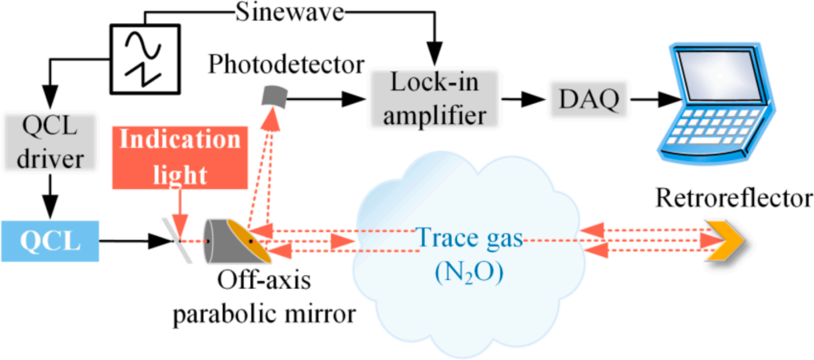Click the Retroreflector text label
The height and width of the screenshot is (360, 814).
[x=732, y=197]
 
